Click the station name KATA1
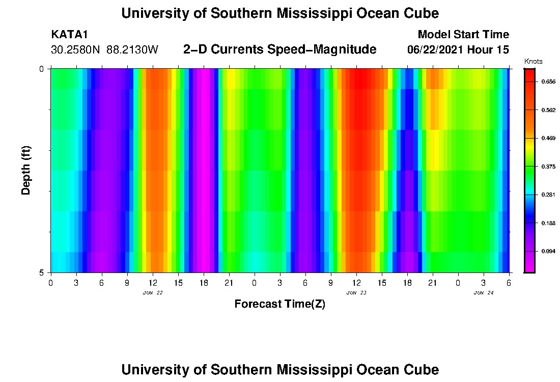click(x=70, y=35)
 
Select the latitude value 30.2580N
click(x=76, y=50)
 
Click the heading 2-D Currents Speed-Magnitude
click(x=279, y=49)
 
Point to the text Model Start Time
click(x=463, y=35)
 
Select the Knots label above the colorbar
click(x=533, y=62)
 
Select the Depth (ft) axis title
click(x=26, y=171)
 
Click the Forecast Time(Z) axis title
click(x=279, y=304)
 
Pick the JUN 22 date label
click(x=153, y=293)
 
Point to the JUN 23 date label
click(x=356, y=293)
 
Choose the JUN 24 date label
click(x=484, y=293)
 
